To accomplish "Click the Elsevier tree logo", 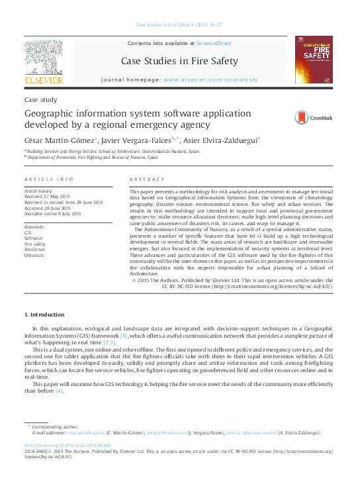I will click(x=44, y=60).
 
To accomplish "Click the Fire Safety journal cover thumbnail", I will click(x=314, y=59).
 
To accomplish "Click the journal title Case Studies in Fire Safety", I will click(x=179, y=62).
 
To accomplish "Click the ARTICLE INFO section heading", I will click(x=48, y=180).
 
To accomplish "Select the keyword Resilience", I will click(x=34, y=249).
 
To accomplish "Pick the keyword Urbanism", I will click(x=34, y=255).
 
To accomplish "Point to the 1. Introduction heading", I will click(x=44, y=314).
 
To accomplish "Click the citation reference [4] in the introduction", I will click(x=60, y=391).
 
